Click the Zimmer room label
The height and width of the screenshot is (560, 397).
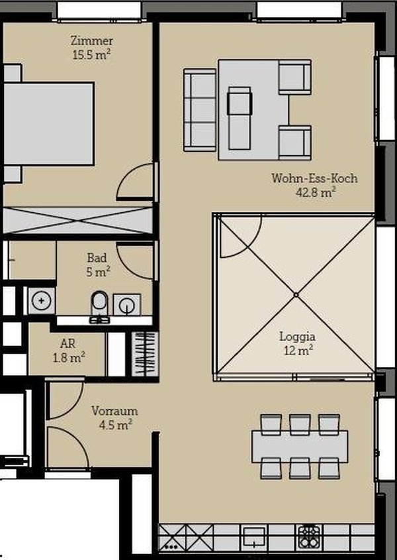tap(92, 40)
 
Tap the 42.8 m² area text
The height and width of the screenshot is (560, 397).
tap(316, 192)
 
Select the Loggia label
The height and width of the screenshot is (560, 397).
tap(297, 337)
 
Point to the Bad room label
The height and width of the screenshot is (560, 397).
tap(97, 258)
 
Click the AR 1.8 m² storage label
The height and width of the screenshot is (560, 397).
tap(69, 351)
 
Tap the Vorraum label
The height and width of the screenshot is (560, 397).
tap(114, 411)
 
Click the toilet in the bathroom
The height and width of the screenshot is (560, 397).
tap(99, 306)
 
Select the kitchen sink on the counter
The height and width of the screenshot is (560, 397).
tap(253, 537)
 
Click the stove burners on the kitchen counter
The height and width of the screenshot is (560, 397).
tap(309, 537)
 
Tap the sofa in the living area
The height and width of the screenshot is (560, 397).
tap(200, 110)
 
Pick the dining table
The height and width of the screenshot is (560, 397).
tap(300, 447)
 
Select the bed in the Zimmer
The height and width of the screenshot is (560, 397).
tap(49, 123)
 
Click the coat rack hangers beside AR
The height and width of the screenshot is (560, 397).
tap(144, 354)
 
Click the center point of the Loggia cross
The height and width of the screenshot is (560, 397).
tap(296, 295)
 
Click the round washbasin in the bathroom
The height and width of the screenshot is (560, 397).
tap(126, 306)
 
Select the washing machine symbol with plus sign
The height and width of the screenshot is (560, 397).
tap(42, 301)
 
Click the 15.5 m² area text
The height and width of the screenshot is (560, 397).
tap(91, 54)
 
